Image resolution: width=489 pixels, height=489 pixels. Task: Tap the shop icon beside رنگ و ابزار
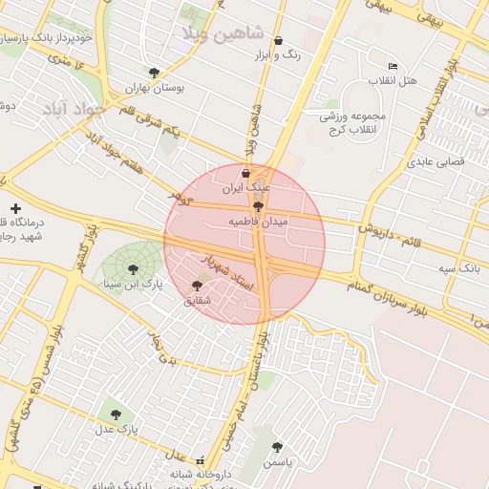point(278,41)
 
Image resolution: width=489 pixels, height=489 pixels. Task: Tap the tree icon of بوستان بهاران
point(154,72)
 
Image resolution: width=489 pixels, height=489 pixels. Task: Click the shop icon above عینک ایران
point(246,173)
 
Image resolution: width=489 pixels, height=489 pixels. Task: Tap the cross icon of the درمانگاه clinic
point(15,208)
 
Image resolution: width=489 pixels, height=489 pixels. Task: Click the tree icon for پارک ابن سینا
point(132,269)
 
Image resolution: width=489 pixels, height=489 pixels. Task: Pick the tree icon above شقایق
point(198,285)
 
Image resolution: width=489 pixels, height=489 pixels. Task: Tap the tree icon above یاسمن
point(277,446)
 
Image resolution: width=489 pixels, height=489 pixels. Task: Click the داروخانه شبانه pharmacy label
point(202,474)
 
